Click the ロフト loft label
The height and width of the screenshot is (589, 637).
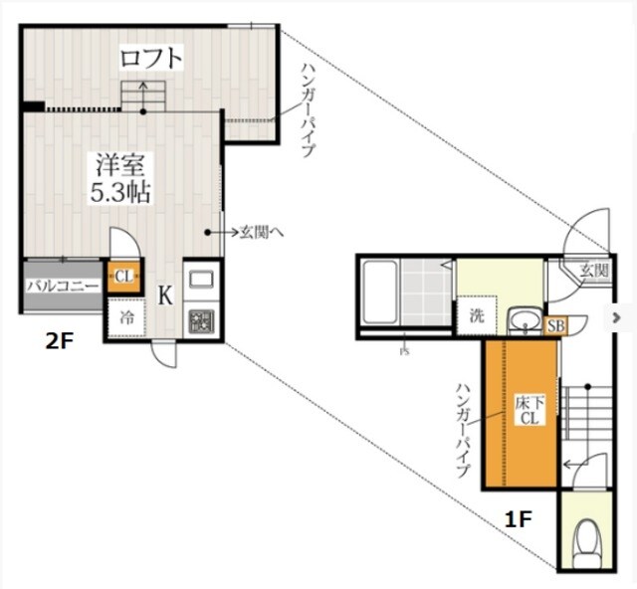[x=150, y=58]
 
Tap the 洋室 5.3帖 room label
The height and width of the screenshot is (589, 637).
[x=120, y=178]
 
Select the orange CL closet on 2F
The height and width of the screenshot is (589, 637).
[x=123, y=277]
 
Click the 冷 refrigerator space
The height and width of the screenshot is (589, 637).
[x=126, y=317]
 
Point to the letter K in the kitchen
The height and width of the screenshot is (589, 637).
[x=165, y=295]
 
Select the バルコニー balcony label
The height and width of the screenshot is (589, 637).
[x=63, y=286]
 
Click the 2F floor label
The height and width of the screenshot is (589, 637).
[x=60, y=342]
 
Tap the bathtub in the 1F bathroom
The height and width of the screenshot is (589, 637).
[x=380, y=292]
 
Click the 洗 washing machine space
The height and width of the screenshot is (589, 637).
[x=477, y=315]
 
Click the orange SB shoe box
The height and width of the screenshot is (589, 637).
[x=555, y=325]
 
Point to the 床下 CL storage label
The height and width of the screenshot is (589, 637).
[x=530, y=410]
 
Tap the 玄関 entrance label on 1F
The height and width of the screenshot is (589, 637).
[x=594, y=271]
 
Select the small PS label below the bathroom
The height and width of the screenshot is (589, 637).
[x=405, y=352]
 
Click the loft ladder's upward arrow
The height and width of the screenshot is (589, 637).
[x=143, y=97]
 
